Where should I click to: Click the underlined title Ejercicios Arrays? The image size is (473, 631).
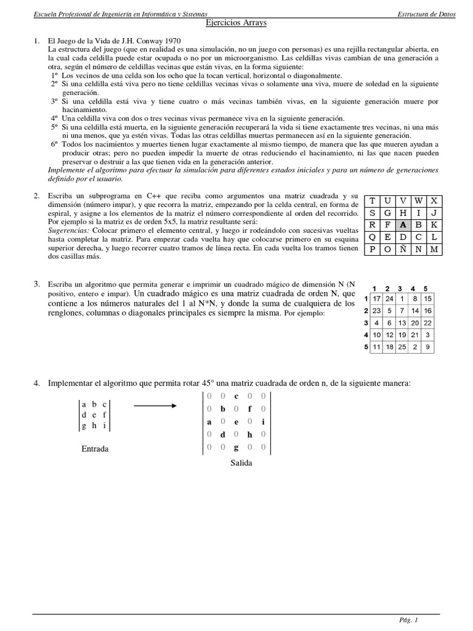[x=236, y=23]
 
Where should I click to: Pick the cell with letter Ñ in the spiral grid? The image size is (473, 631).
[x=402, y=249]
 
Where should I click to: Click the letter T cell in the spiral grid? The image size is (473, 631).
[x=371, y=200]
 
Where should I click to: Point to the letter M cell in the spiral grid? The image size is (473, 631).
[x=434, y=249]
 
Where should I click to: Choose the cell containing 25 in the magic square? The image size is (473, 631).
[x=402, y=347]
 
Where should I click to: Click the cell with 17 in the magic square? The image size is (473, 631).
[x=377, y=299]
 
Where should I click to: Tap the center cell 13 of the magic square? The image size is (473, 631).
[x=402, y=323]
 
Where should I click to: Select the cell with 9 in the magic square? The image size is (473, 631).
[x=427, y=347]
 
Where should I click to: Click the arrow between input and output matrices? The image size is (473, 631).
[x=155, y=405]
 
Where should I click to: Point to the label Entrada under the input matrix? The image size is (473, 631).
[x=95, y=449]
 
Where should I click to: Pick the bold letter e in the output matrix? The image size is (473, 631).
[x=236, y=422]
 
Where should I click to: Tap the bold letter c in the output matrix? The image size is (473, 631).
[x=236, y=396]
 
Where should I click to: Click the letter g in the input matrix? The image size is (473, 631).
[x=84, y=426]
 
